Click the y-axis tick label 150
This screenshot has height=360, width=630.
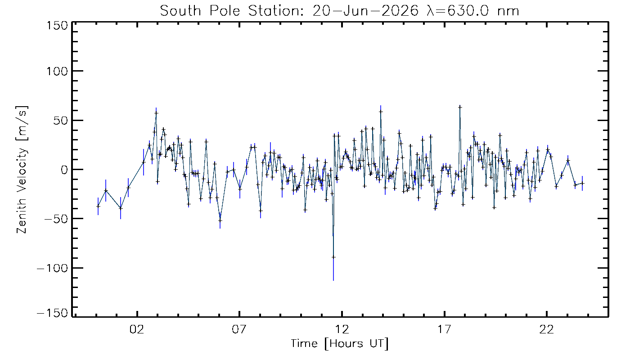[57, 26]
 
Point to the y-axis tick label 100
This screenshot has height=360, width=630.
[57, 71]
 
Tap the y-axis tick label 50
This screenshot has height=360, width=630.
[61, 121]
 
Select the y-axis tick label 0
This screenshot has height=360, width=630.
[64, 170]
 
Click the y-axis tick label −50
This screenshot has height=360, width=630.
[56, 219]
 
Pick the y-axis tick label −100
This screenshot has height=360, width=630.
[53, 268]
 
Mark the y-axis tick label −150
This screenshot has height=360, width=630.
[53, 313]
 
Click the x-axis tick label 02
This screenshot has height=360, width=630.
[137, 329]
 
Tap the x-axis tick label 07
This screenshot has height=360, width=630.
[239, 329]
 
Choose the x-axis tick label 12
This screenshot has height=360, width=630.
[342, 329]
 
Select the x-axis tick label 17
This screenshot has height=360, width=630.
[445, 329]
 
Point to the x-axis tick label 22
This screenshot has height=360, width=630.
[547, 329]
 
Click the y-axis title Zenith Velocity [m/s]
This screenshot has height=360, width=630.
[22, 170]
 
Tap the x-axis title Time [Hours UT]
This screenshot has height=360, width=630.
[339, 344]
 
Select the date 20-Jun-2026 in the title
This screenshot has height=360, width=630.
[365, 11]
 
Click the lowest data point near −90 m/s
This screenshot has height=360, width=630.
[333, 257]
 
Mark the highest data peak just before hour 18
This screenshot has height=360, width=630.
[460, 107]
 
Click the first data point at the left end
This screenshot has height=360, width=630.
[98, 206]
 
